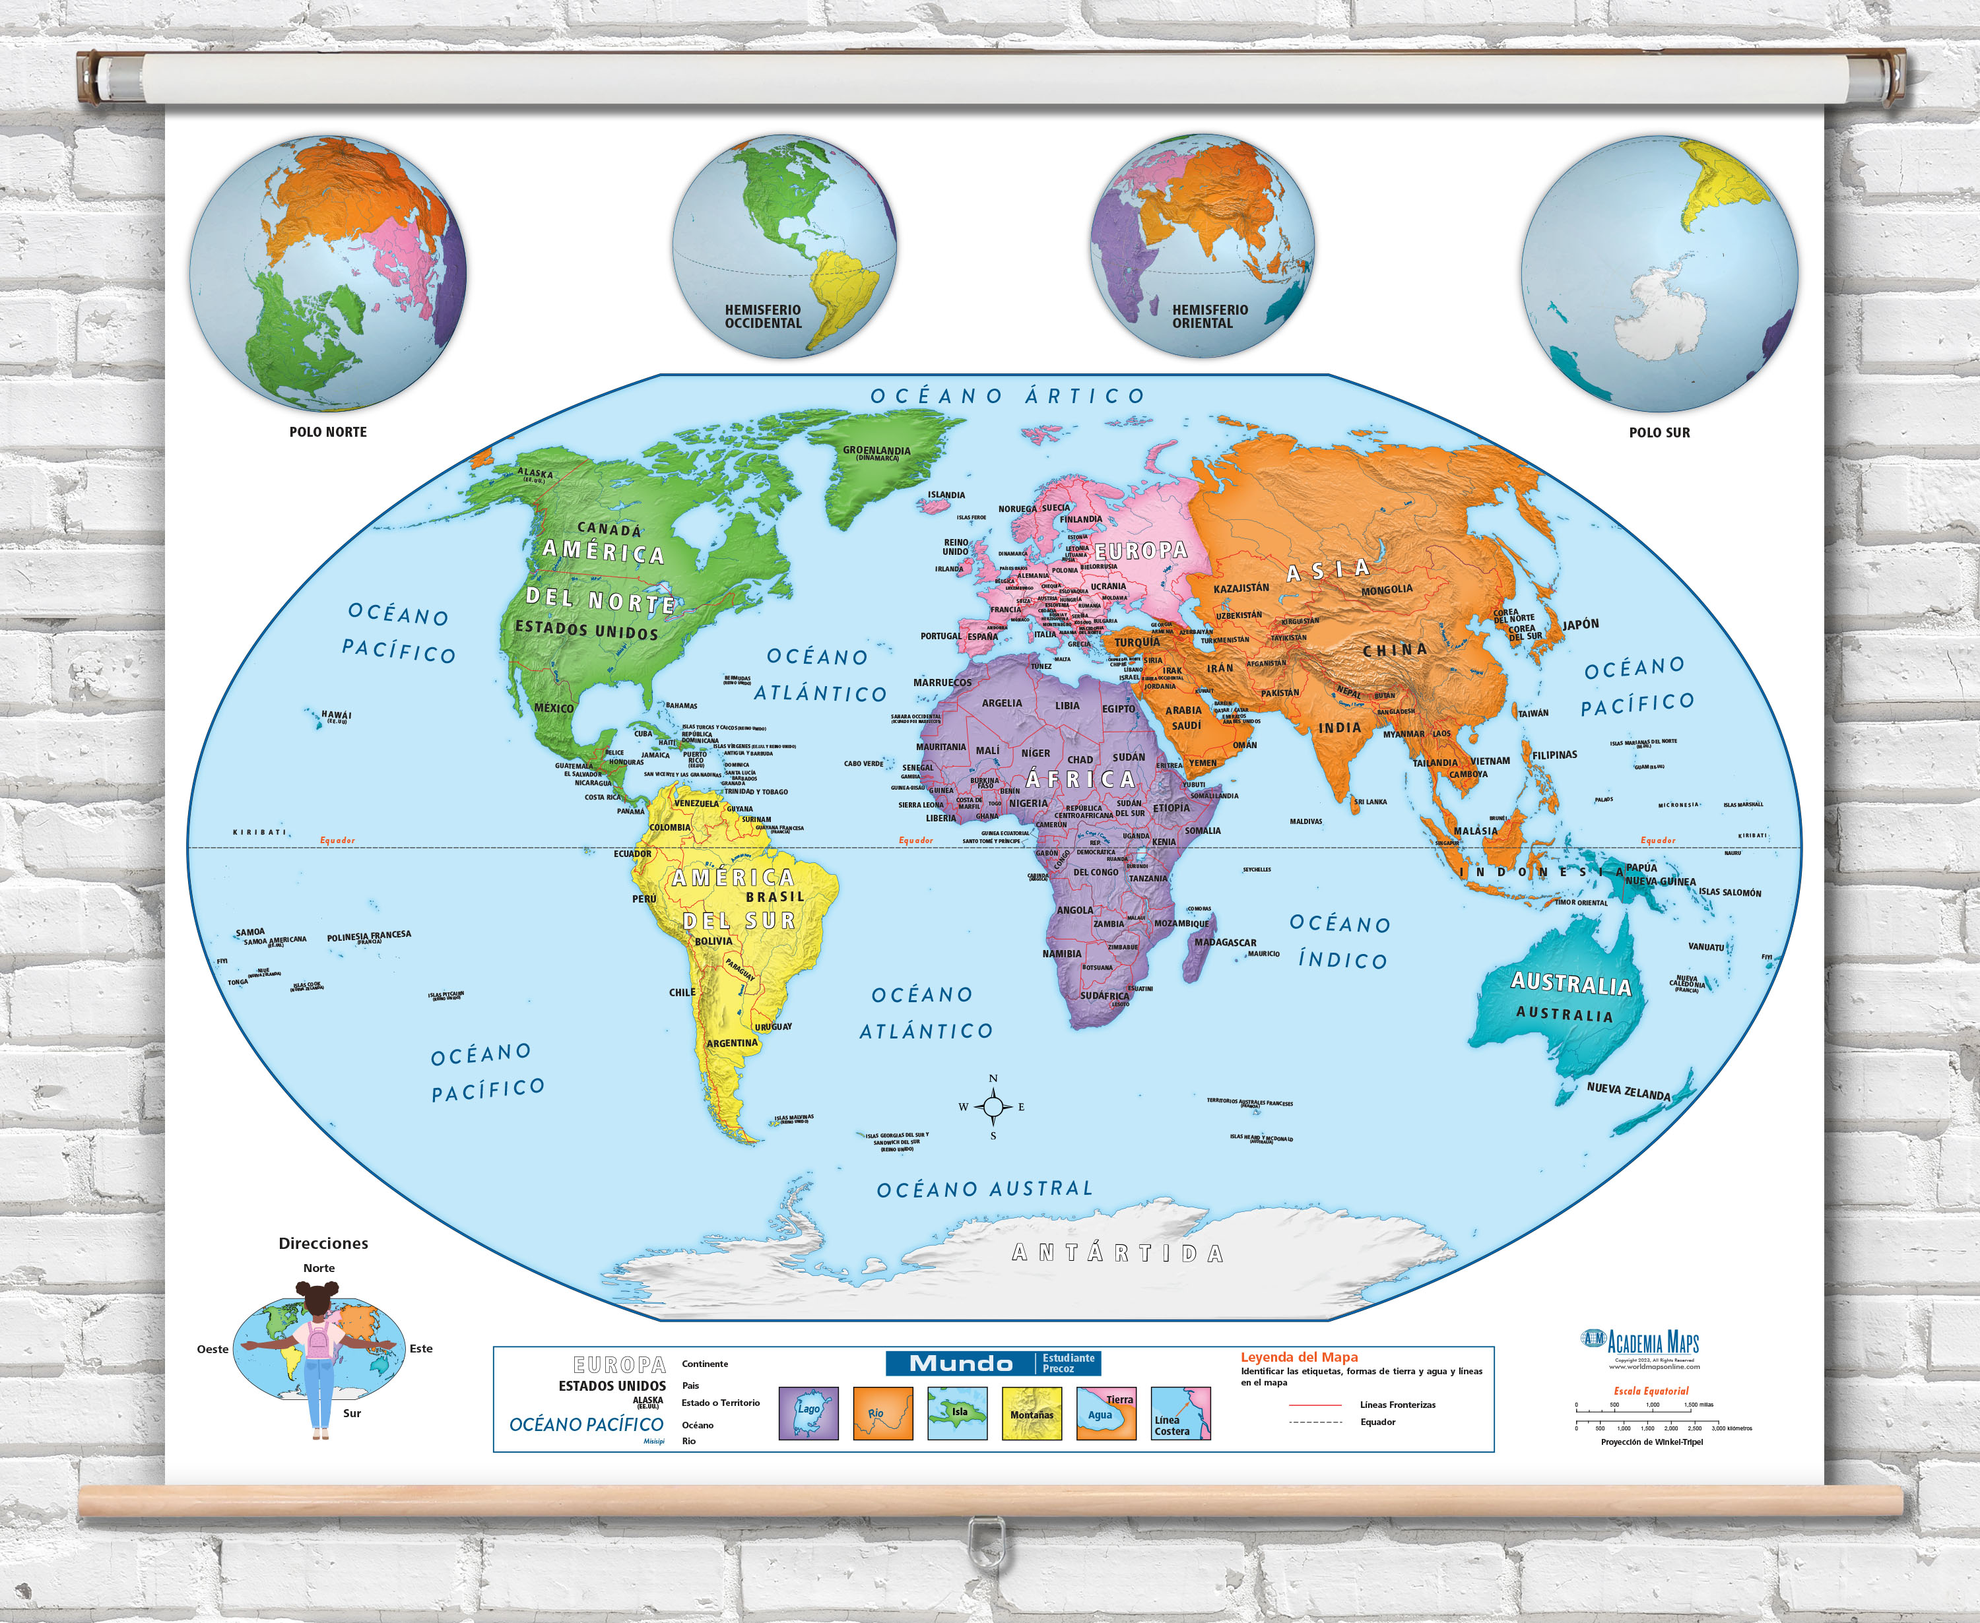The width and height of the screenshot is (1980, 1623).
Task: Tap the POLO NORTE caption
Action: [327, 432]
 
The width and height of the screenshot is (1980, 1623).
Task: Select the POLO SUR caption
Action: [1659, 432]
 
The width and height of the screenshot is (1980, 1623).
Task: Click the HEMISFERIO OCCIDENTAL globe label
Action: [763, 316]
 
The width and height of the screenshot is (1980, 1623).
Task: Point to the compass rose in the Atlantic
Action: [993, 1107]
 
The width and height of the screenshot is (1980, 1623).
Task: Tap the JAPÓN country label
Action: [1581, 623]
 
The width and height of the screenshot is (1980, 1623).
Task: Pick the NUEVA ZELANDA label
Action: [1628, 1091]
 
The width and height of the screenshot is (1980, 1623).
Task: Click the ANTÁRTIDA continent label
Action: [1117, 1253]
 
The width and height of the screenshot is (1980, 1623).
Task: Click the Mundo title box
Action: [960, 1363]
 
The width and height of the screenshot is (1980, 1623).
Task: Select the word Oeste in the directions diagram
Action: [213, 1349]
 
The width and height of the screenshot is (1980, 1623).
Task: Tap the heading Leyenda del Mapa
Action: [1298, 1356]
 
